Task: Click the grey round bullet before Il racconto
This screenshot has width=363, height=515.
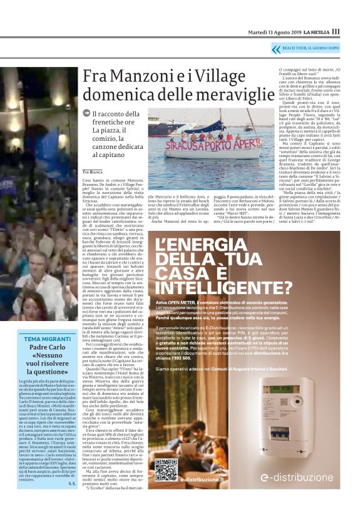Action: coord(86,113)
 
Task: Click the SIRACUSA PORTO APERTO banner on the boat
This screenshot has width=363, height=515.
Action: coord(199,146)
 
